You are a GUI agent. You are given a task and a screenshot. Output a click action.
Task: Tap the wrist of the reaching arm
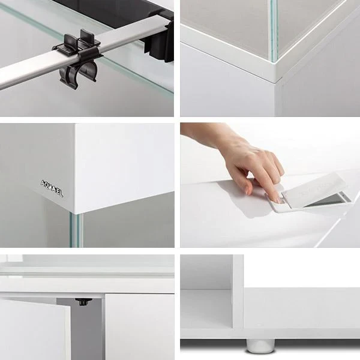coord(207,136)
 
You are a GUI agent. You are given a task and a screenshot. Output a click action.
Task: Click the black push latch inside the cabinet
coord(83,301)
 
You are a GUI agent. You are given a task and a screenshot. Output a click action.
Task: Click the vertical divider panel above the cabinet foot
coord(238,294)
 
